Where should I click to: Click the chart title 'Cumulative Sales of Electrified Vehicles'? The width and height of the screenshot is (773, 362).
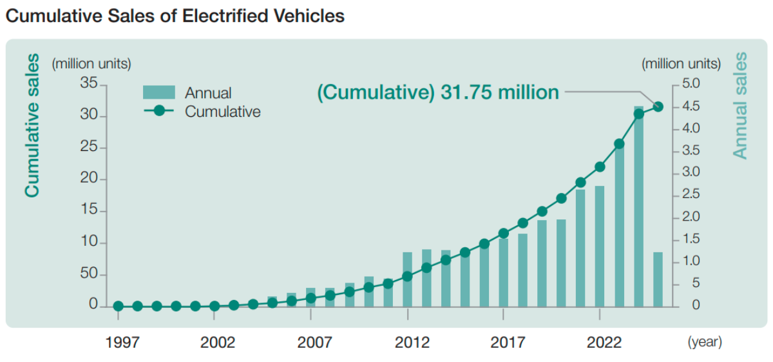(x=175, y=16)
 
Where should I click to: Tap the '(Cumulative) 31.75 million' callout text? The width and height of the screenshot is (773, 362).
(x=438, y=92)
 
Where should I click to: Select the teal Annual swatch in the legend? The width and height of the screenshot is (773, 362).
(x=158, y=93)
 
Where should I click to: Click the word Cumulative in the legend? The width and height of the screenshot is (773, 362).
(x=222, y=112)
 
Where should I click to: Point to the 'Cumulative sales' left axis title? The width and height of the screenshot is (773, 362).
(x=32, y=125)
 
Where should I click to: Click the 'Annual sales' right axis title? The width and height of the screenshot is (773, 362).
(x=740, y=105)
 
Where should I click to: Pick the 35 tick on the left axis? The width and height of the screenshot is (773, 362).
(x=88, y=84)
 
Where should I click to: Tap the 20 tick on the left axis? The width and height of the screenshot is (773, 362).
(x=88, y=179)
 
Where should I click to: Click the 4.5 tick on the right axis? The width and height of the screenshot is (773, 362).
(x=691, y=106)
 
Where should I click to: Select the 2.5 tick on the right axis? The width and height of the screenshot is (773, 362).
(x=691, y=195)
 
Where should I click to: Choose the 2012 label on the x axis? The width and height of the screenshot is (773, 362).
(x=412, y=342)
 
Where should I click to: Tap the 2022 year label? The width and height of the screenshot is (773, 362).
(x=604, y=342)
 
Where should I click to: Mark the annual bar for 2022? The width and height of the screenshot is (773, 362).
(x=600, y=245)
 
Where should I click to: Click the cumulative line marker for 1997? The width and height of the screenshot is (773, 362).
(x=118, y=306)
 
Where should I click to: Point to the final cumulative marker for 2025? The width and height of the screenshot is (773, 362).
(x=658, y=106)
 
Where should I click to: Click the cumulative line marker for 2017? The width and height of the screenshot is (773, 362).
(x=504, y=233)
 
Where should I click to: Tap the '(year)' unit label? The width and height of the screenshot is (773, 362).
(x=704, y=342)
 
